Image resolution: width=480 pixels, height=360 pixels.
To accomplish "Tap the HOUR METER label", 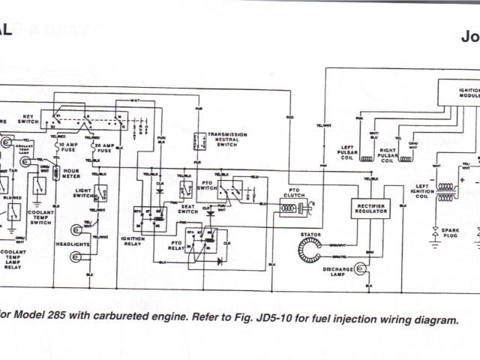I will click(x=71, y=175).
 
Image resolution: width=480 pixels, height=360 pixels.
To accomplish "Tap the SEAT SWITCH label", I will click(x=187, y=209).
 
